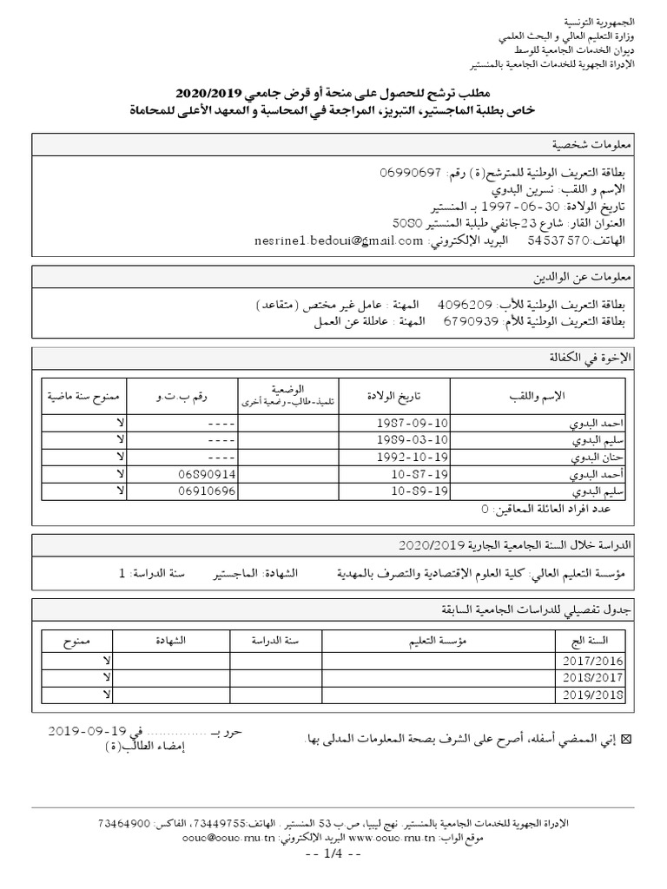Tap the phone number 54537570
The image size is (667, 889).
558,240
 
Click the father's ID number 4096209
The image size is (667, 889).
466,306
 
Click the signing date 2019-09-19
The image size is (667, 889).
87,730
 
